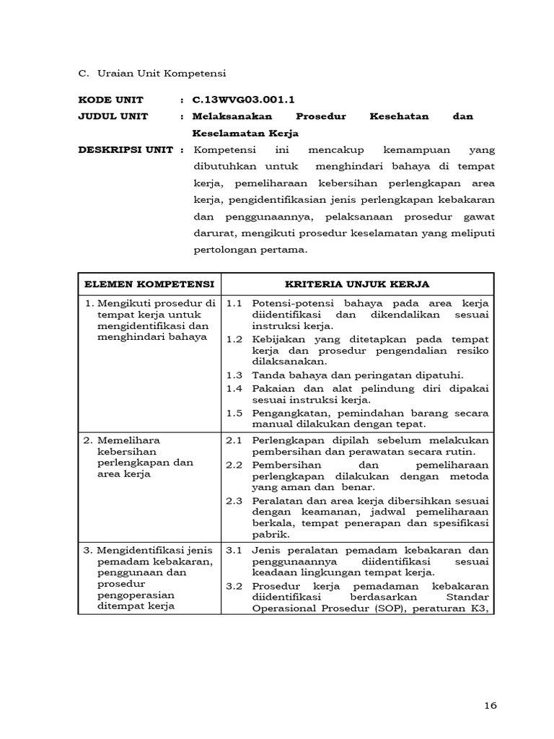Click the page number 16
coord(491,705)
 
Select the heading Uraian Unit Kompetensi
coord(157,73)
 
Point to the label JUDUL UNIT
coord(113,116)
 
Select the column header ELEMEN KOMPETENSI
coord(149,284)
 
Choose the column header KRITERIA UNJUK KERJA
coord(358,284)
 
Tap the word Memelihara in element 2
coord(126,440)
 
